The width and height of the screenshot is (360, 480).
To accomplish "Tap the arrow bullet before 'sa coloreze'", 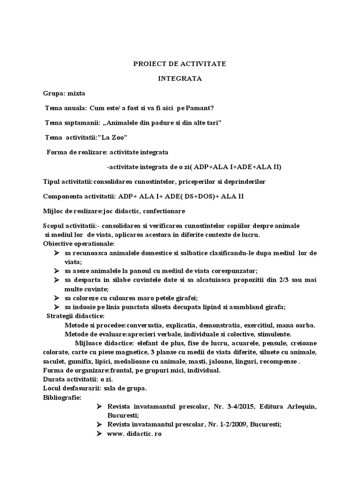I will (x=56, y=298).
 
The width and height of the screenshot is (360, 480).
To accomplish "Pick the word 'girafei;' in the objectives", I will (x=186, y=298).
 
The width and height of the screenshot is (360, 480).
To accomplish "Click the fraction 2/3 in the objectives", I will (x=279, y=280).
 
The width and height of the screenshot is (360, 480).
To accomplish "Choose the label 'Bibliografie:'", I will (x=62, y=397).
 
